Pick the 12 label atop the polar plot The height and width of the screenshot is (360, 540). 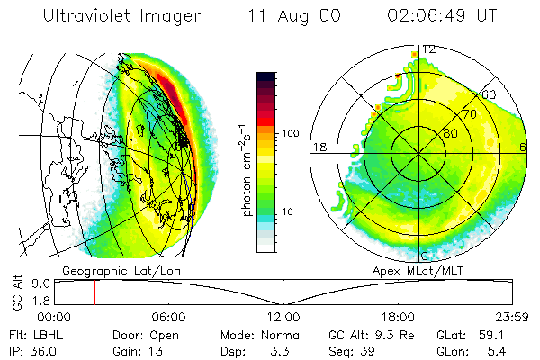[429, 49]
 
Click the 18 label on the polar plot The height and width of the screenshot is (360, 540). [318, 147]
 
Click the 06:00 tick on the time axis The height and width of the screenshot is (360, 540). [168, 318]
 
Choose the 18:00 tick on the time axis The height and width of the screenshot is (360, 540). [397, 318]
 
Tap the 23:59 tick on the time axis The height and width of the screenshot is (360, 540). [509, 318]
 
